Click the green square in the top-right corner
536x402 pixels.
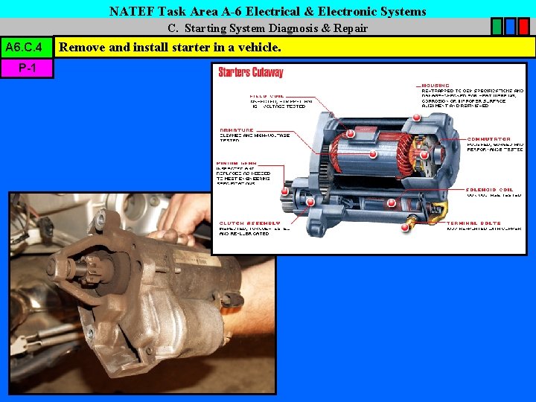[497, 28]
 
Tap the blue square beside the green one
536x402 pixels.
[511, 28]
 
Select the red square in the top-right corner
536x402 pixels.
[525, 28]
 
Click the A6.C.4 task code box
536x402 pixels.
[28, 48]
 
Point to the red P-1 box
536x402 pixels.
[28, 68]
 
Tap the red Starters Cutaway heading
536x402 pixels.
[251, 73]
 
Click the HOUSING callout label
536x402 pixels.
[435, 85]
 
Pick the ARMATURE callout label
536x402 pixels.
[236, 130]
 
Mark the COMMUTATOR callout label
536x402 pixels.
[489, 139]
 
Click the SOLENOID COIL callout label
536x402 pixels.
[489, 189]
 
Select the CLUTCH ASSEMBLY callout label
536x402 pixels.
[249, 223]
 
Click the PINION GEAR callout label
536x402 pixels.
[237, 163]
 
